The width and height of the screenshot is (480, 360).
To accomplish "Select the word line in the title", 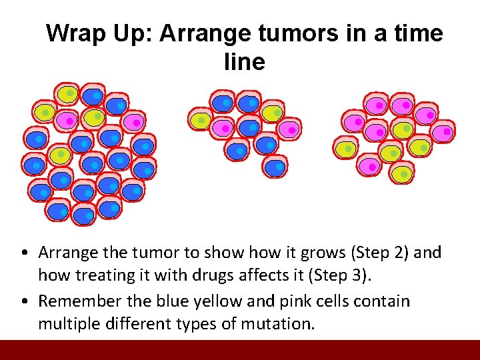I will click(245, 62).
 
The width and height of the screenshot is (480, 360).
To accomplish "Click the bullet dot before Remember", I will click(23, 302).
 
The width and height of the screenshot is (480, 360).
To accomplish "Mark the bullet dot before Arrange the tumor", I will click(23, 253).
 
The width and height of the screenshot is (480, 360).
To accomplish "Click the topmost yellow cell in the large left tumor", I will click(67, 94).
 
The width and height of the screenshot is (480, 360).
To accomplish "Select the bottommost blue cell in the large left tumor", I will click(83, 215).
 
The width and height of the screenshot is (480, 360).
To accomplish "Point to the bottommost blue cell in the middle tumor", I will click(275, 166).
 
